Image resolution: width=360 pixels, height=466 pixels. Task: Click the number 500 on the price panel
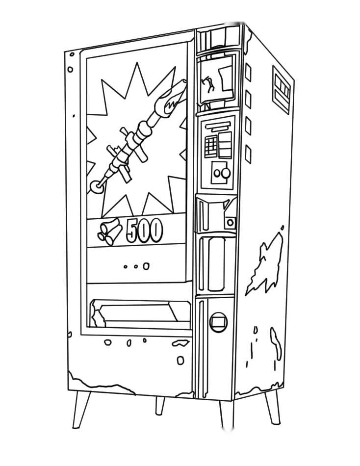(145, 230)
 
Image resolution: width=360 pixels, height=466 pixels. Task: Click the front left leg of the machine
(80, 410)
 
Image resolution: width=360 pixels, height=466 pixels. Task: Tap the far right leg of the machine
(273, 407)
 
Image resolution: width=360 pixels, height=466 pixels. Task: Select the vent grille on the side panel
(281, 89)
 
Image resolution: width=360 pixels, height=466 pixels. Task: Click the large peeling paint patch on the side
(264, 261)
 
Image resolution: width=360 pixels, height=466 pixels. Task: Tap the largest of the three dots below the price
(146, 266)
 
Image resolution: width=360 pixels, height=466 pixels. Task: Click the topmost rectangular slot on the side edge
(248, 72)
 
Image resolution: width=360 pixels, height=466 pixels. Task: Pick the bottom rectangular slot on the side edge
(248, 154)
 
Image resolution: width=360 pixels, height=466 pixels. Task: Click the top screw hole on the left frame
(72, 54)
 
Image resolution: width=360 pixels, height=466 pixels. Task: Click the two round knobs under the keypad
(222, 173)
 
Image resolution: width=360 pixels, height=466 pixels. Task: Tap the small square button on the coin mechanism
(231, 222)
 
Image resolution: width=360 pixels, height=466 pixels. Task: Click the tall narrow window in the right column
(216, 264)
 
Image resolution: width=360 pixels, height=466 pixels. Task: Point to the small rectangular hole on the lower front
(180, 361)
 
